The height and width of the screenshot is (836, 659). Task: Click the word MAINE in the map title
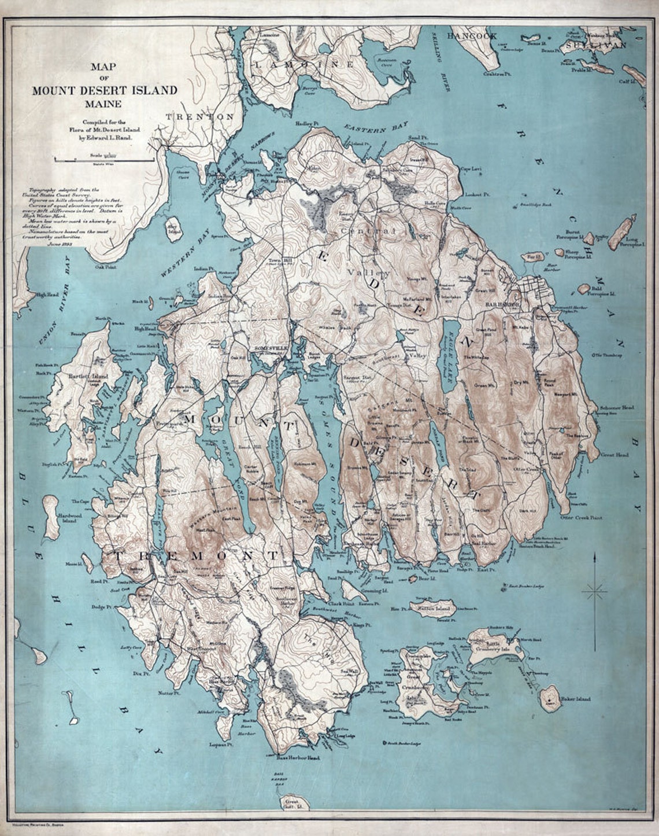(x=105, y=104)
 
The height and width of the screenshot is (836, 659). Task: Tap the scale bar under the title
(x=104, y=158)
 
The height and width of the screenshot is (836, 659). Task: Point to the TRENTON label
(x=199, y=116)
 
